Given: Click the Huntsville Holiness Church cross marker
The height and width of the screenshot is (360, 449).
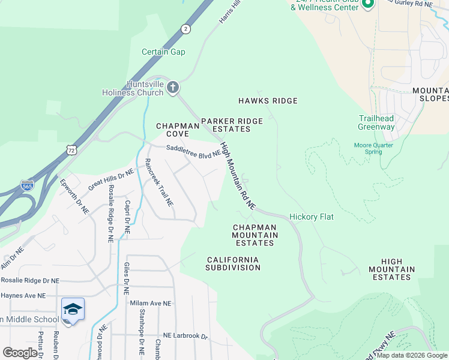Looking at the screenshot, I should [x=173, y=88].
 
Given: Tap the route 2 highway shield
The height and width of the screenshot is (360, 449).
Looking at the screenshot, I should [x=186, y=29].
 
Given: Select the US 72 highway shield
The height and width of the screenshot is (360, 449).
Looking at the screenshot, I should [x=71, y=149].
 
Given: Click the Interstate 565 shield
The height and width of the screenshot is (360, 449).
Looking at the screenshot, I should [x=27, y=185].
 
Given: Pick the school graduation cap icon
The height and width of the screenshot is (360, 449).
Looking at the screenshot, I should [x=73, y=309].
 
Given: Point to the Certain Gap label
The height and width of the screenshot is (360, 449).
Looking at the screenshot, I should [x=163, y=52].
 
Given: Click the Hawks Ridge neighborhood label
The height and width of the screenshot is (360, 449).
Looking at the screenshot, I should [x=268, y=101].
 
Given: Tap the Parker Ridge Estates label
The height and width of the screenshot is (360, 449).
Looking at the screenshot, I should [x=232, y=125].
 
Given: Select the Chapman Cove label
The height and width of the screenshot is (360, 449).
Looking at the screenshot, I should [x=177, y=130].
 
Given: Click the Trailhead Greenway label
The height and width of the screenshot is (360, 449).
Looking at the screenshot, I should [x=376, y=122].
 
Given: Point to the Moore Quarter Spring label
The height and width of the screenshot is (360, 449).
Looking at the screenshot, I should [x=373, y=148].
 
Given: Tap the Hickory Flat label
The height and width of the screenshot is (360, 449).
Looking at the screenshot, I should [x=311, y=217].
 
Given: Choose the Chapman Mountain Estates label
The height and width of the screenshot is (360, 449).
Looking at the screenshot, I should [x=255, y=235].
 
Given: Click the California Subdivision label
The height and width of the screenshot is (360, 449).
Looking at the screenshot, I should [x=233, y=263].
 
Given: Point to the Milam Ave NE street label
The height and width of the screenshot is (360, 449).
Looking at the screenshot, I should [x=151, y=304].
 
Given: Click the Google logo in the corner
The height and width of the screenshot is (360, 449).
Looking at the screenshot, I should [x=20, y=353].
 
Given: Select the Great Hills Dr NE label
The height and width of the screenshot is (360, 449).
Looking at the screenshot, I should [x=110, y=180].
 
